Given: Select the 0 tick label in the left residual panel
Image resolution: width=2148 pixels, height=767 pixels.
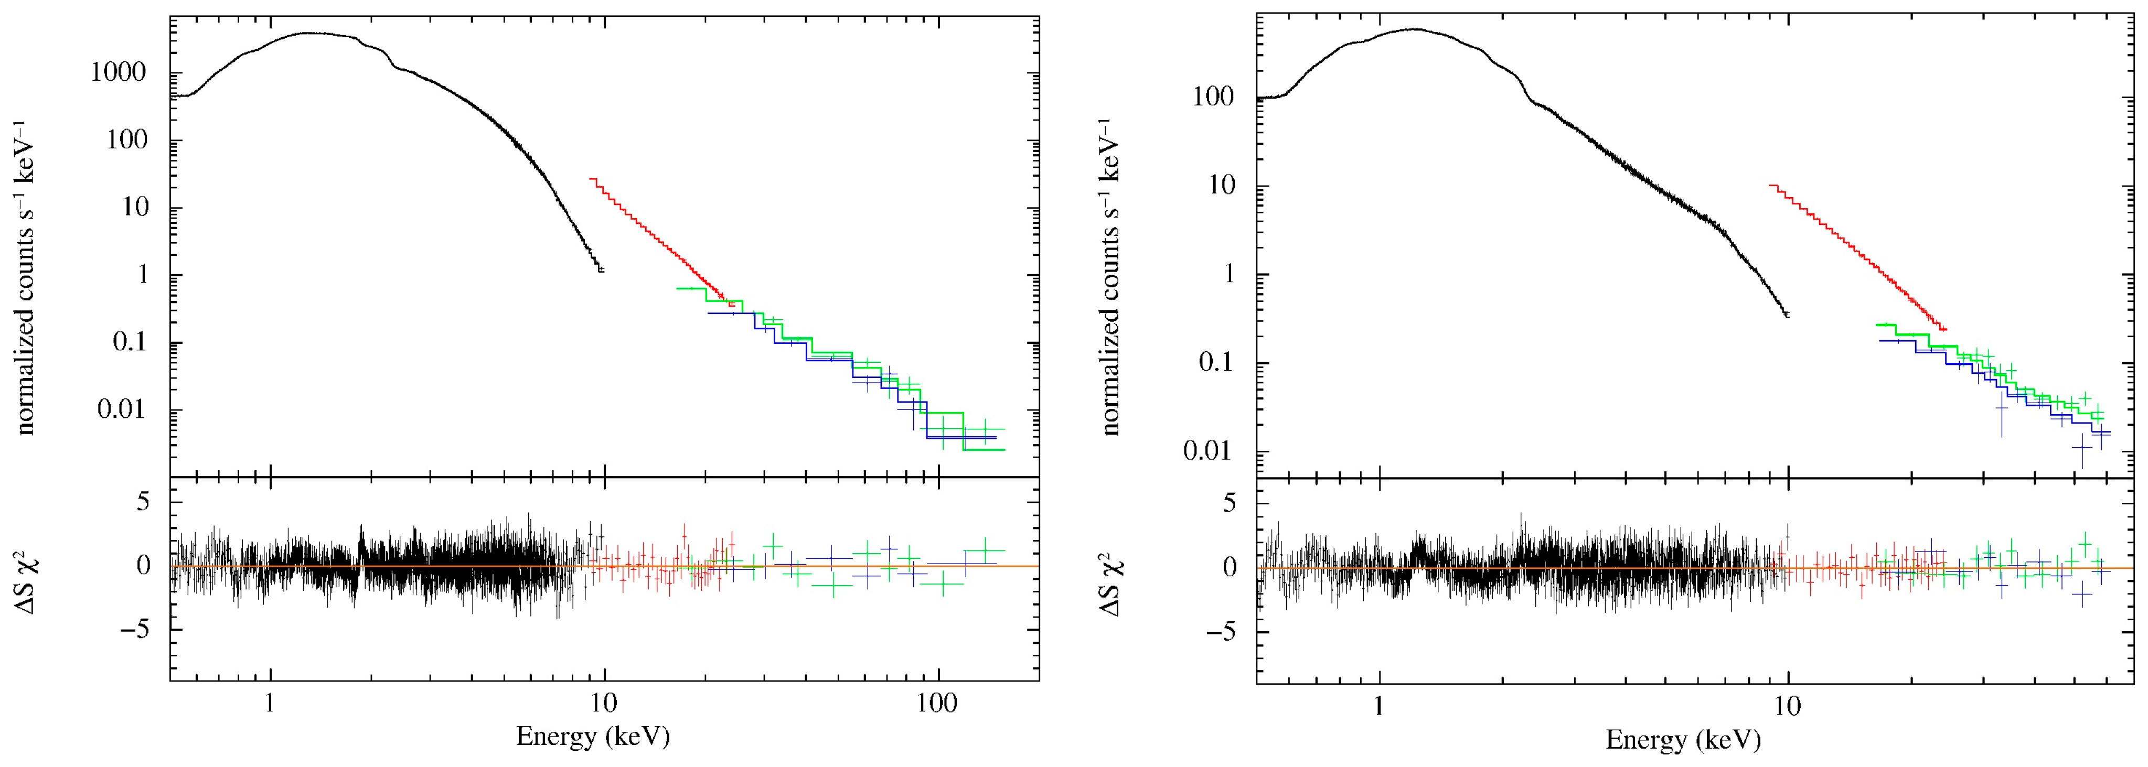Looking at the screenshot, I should click(x=143, y=566).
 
